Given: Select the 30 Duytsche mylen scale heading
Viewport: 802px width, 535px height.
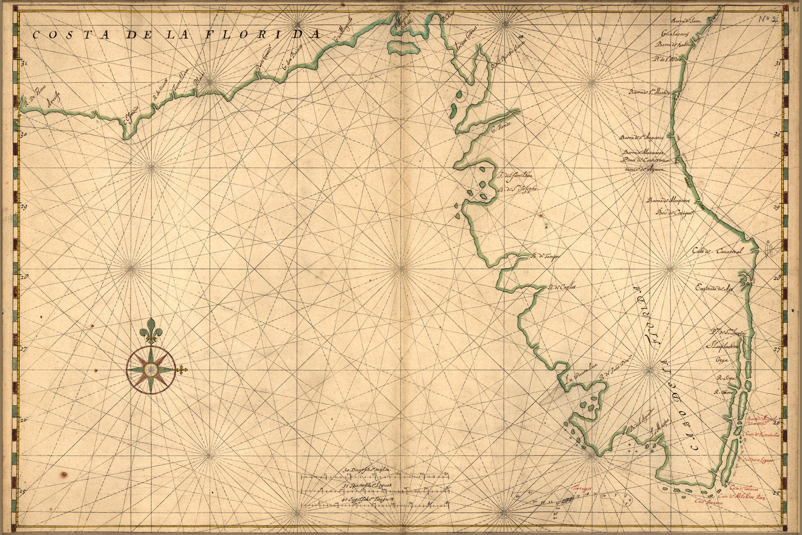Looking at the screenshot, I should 368,471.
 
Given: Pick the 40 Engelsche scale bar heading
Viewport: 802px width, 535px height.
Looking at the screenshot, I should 367,499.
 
